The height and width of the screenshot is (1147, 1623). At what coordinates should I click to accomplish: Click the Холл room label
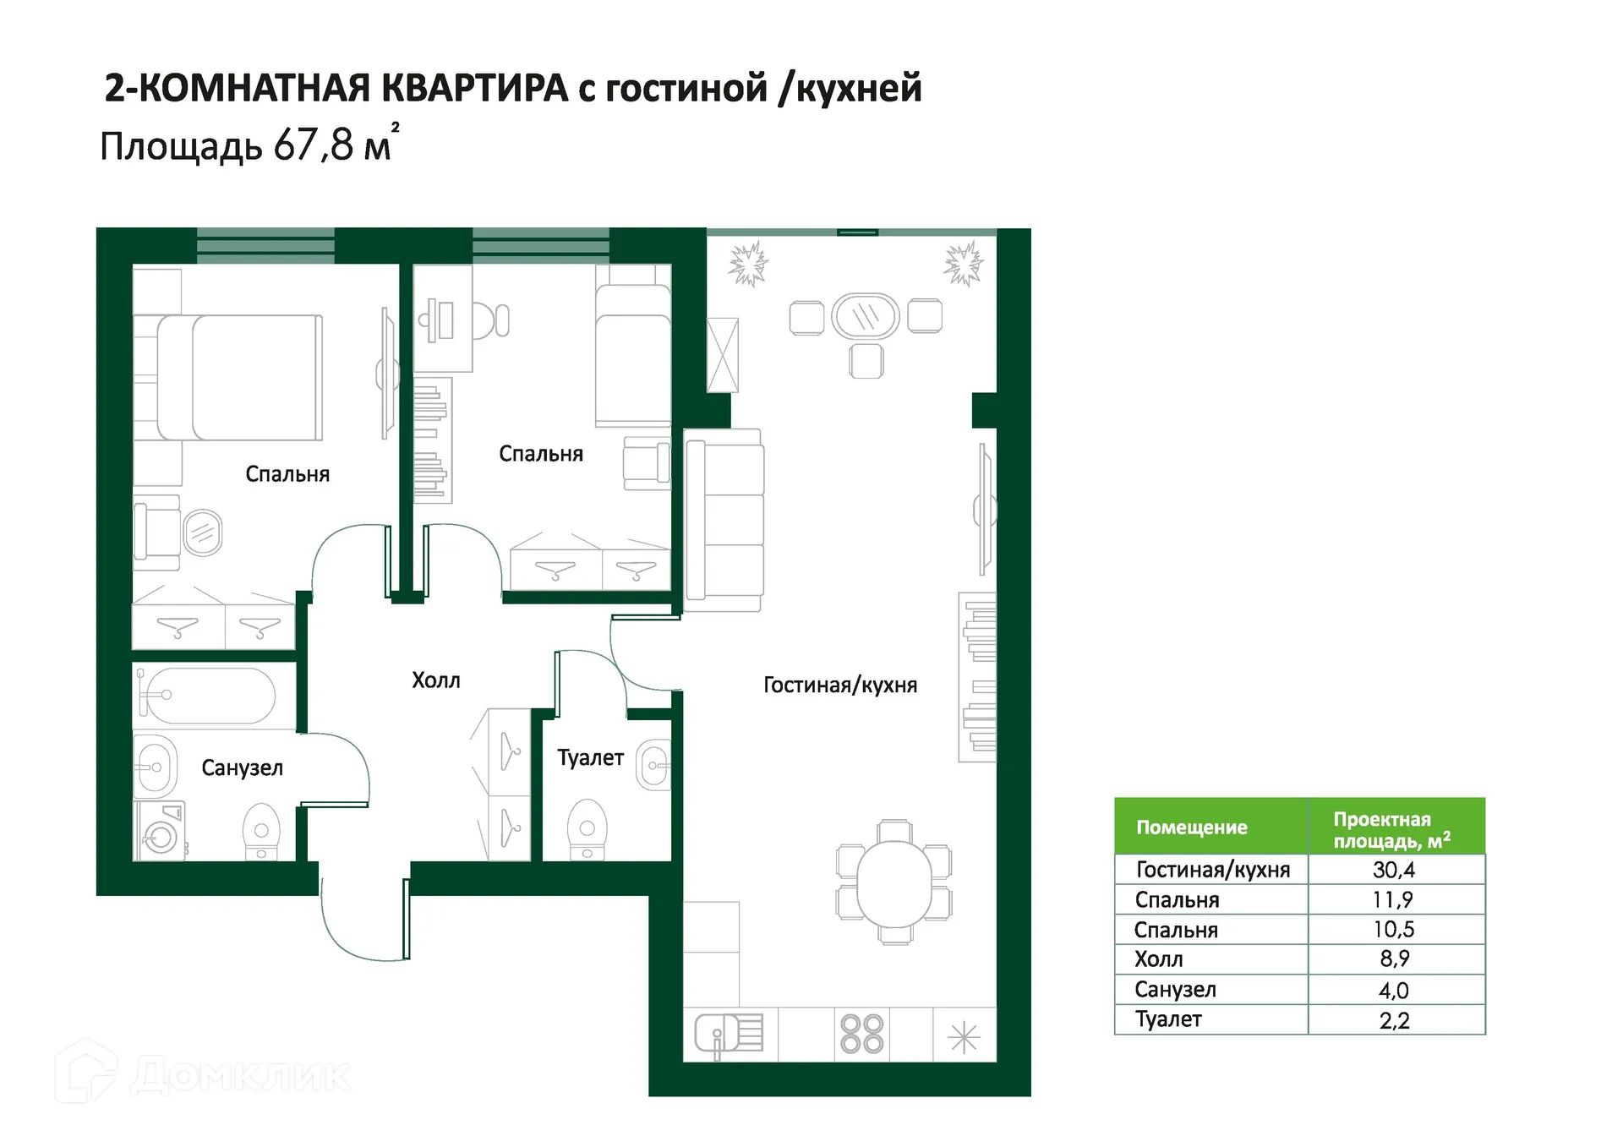pos(435,680)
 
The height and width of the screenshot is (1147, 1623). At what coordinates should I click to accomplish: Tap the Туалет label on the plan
pos(590,758)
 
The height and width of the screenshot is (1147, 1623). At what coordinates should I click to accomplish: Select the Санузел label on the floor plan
pos(242,768)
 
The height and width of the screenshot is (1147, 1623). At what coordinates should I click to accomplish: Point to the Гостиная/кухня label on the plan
pos(839,685)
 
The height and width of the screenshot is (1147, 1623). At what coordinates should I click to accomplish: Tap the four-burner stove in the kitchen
pos(862,1034)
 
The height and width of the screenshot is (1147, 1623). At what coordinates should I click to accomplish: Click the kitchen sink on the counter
pos(728,1034)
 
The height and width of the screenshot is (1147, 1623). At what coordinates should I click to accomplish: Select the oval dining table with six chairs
pos(893,881)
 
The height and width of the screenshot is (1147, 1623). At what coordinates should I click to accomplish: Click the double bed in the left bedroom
pos(239,378)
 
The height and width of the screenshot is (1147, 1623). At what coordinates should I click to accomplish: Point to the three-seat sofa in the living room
pos(724,520)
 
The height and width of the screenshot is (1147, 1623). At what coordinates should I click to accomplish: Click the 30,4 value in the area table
pos(1393,870)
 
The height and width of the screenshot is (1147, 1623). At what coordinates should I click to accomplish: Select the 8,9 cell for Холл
pos(1394,959)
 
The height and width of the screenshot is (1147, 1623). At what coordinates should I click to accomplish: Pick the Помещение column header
pos(1191,827)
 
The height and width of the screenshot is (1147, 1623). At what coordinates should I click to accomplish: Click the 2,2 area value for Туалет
pos(1394,1020)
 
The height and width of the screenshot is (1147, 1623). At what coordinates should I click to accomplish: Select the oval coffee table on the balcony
pos(865,316)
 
